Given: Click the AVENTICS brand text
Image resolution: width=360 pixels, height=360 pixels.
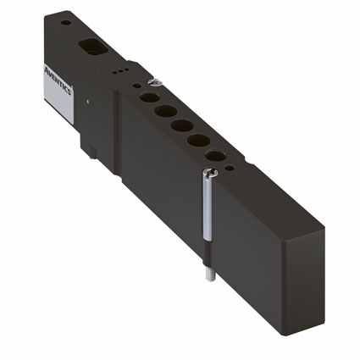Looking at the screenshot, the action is tap(58, 80).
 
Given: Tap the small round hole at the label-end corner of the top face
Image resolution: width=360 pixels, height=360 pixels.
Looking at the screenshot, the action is tap(66, 22).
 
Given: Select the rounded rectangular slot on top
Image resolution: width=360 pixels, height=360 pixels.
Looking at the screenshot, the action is tap(93, 47).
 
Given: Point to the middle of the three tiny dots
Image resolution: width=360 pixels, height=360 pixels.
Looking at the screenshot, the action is tap(120, 71).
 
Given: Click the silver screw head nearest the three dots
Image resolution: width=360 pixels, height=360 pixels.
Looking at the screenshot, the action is tap(155, 82).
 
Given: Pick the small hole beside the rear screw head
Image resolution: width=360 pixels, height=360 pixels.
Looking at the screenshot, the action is tap(136, 85).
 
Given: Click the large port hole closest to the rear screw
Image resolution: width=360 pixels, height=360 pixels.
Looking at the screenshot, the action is tap(149, 97).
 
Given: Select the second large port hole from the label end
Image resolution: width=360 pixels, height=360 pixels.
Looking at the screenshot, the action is tap(166, 111).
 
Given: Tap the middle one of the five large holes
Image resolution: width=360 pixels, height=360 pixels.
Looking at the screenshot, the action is tap(182, 125).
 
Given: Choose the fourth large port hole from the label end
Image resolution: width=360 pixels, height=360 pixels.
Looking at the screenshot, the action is tap(198, 141).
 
